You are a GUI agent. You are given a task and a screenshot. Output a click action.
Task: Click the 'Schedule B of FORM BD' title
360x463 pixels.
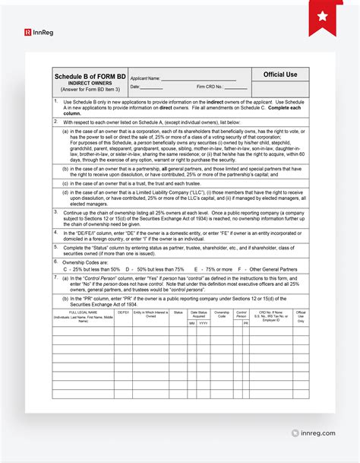90,76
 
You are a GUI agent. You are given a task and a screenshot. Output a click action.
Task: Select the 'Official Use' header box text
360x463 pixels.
280,75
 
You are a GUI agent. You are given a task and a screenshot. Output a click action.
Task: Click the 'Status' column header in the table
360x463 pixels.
178,312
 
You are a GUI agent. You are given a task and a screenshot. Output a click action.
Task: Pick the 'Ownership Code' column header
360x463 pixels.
222,314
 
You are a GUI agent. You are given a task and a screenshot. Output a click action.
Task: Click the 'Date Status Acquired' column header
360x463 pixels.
199,314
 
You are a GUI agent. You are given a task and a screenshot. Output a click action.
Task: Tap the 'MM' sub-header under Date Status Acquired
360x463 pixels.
192,323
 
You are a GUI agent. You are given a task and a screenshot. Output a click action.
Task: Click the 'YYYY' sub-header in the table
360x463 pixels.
204,323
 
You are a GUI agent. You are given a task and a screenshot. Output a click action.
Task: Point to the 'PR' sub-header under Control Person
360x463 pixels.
246,323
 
